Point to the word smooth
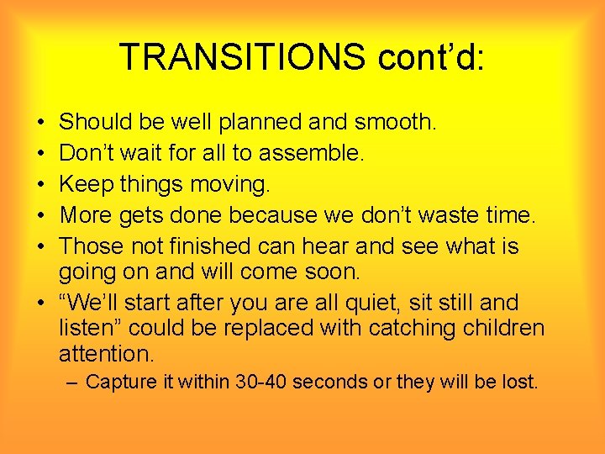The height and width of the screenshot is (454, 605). [394, 123]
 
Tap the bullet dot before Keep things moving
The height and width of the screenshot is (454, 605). [42, 185]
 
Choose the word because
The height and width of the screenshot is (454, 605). [271, 215]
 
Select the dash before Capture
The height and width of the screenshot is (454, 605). [71, 383]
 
